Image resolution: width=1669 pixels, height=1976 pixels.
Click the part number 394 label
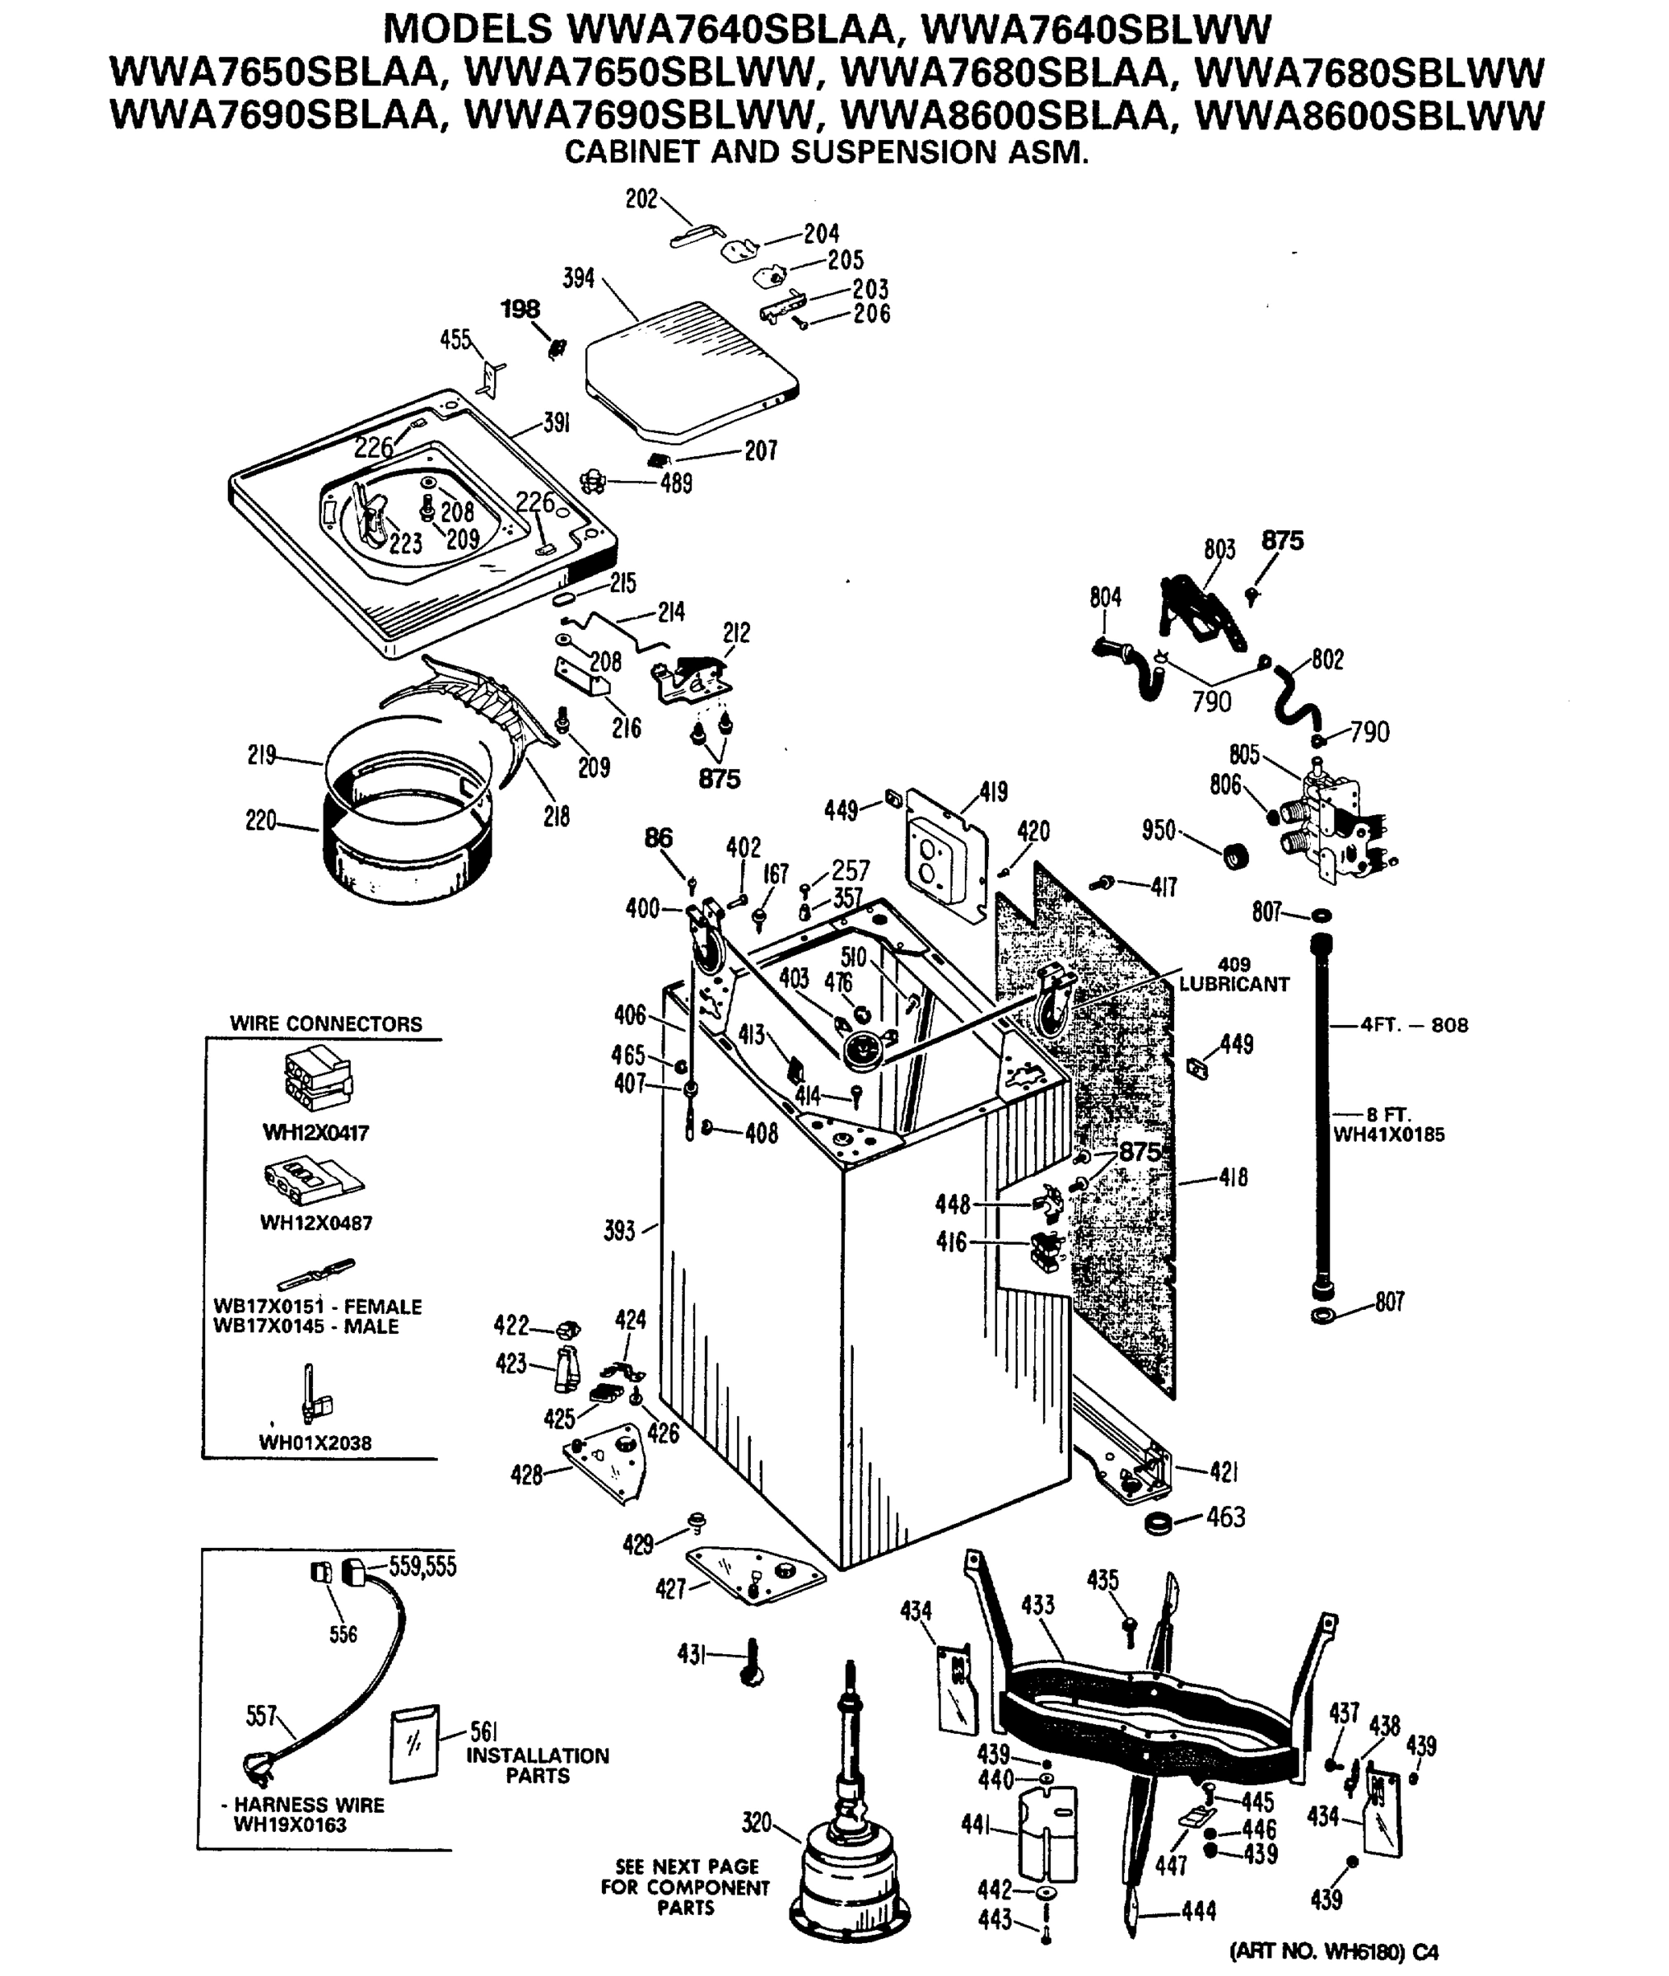tap(578, 278)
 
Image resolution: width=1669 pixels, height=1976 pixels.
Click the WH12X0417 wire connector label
tap(315, 1132)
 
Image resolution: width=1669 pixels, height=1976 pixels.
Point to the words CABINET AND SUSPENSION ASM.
tap(826, 152)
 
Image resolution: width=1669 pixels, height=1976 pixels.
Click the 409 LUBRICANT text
tap(1233, 974)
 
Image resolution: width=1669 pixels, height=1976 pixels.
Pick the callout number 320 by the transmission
tap(756, 1822)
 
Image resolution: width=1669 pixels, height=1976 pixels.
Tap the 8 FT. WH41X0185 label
tap(1388, 1125)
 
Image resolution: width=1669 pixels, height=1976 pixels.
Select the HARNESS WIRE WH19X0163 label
tap(307, 1815)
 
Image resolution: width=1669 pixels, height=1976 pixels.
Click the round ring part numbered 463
tap(1158, 1524)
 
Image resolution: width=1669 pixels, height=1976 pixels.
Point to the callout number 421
tap(1224, 1471)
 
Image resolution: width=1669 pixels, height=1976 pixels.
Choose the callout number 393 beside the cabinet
tap(620, 1232)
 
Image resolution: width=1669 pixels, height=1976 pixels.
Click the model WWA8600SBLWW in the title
tap(1369, 115)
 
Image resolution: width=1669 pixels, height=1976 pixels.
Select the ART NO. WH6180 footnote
tap(1333, 1950)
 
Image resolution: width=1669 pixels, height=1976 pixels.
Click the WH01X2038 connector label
tap(315, 1443)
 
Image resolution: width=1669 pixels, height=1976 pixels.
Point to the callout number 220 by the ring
tap(261, 820)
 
